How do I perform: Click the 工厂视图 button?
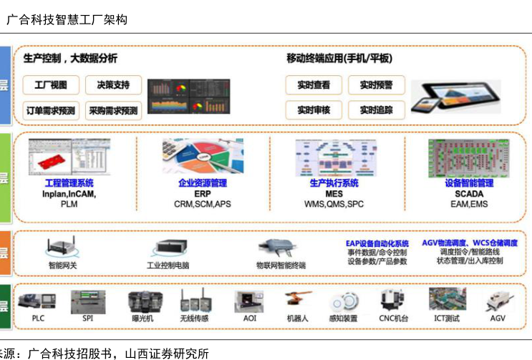tap(51, 85)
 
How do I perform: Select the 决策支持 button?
tap(113, 85)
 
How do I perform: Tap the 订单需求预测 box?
tap(51, 110)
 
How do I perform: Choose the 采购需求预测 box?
tap(113, 110)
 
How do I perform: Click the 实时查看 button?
tap(314, 85)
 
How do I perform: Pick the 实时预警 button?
tap(376, 85)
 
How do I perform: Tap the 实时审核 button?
tap(314, 110)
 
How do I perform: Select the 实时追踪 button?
tap(376, 110)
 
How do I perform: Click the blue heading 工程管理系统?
tap(69, 183)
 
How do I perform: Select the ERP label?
tap(203, 194)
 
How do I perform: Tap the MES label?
tap(334, 194)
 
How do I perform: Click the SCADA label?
tap(469, 194)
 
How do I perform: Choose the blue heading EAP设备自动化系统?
tap(377, 243)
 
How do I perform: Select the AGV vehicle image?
tap(495, 301)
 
